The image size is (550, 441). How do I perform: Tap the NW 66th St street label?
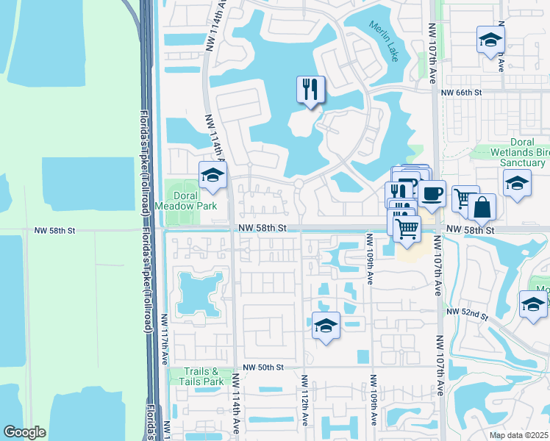(461, 93)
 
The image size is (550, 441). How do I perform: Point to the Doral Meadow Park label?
(195, 201)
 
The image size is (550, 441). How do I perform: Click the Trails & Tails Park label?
(202, 377)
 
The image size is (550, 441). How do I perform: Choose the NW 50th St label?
(263, 367)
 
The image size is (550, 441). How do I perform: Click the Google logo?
(25, 432)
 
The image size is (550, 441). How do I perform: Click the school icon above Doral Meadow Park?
(213, 175)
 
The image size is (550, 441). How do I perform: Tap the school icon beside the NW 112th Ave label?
(325, 326)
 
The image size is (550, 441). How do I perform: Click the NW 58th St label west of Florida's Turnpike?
(55, 230)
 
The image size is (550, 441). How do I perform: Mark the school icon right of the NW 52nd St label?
(533, 304)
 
